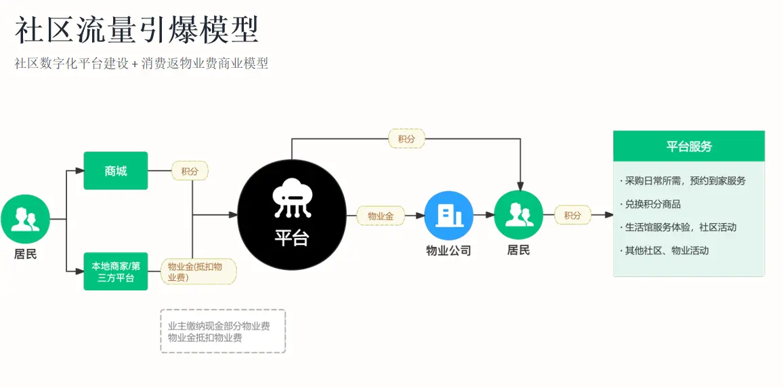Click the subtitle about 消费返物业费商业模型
click(142, 64)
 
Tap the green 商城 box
click(115, 170)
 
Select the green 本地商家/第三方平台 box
click(115, 271)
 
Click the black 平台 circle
click(292, 214)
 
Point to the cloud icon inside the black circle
click(292, 199)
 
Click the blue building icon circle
click(448, 216)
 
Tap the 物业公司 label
click(448, 250)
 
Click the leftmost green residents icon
click(25, 219)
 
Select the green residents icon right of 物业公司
click(518, 215)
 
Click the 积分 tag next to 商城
click(190, 171)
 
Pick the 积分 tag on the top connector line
click(406, 139)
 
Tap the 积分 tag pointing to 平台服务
click(573, 216)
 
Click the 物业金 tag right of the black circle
click(381, 216)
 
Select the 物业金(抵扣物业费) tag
click(198, 271)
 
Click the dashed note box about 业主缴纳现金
click(223, 331)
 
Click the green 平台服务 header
click(689, 146)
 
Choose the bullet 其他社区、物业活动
click(664, 250)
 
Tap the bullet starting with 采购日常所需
click(682, 180)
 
